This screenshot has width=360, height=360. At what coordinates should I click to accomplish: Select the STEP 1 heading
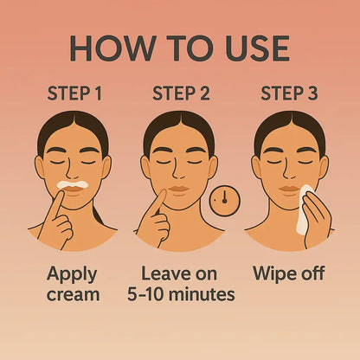click(74, 93)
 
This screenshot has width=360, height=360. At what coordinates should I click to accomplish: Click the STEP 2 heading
click(181, 93)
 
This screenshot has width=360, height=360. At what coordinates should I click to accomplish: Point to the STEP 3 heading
click(288, 93)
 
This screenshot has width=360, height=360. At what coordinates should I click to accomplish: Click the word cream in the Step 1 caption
click(74, 294)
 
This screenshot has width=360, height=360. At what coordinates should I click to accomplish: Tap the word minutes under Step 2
click(202, 294)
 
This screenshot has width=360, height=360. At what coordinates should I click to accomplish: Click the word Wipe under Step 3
click(271, 273)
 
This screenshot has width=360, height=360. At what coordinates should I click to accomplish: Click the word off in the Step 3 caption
click(309, 273)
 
